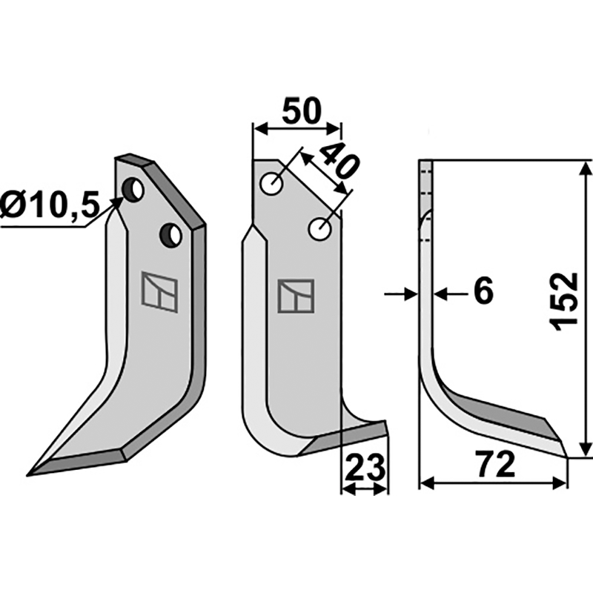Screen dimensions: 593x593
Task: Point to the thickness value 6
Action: [483, 293]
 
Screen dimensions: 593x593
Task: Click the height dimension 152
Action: [565, 301]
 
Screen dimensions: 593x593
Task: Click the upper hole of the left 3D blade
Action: [133, 191]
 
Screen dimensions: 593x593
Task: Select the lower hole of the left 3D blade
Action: [171, 235]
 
